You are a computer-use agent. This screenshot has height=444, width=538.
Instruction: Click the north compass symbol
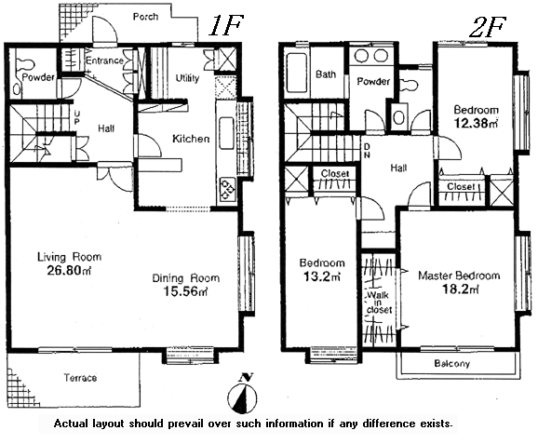coord(242,394)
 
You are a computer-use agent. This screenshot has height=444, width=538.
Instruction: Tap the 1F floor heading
coord(225,26)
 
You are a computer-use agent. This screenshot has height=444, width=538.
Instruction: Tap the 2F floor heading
coord(487,26)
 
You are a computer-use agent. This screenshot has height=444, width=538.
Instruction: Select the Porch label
coord(145,17)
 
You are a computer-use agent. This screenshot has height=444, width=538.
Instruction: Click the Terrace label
coord(80,378)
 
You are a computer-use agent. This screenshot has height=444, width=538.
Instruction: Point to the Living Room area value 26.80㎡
coord(69,270)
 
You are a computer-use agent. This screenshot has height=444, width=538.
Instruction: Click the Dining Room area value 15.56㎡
coord(185,291)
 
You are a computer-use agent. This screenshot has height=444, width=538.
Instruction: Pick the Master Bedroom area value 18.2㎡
coord(460,289)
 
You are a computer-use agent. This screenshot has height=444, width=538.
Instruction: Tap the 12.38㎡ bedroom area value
coord(476,123)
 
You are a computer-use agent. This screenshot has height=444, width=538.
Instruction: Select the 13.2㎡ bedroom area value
coord(321,276)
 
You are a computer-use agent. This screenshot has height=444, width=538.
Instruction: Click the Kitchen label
coord(191,139)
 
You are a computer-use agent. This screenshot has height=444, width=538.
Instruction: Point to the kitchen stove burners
coord(227,189)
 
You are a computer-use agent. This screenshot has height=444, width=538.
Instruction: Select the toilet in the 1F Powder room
coord(25,64)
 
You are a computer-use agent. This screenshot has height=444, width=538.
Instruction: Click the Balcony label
coord(451,363)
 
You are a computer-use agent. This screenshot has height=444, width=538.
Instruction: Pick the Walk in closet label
coord(379,303)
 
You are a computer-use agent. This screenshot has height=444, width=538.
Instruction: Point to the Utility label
coord(187,78)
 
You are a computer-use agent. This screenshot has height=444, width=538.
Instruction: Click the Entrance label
coord(104,61)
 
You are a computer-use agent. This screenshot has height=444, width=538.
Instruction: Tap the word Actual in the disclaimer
coord(72,424)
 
